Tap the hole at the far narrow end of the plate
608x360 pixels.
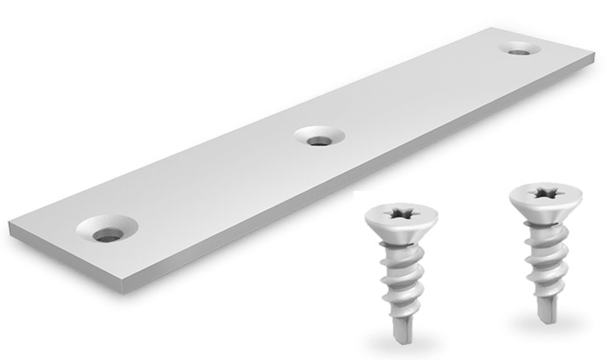(519, 49)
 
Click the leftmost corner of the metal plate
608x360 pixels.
(10, 225)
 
